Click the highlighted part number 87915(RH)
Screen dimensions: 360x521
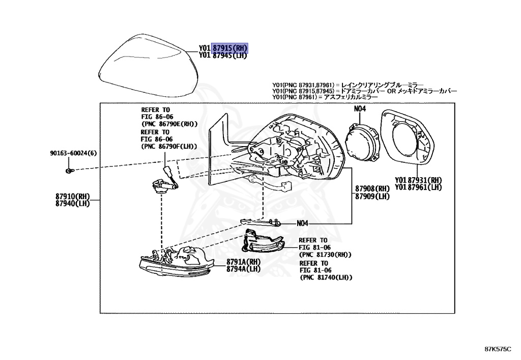(x=230, y=48)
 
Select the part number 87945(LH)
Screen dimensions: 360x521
(x=230, y=56)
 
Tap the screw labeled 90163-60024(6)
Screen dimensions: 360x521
(x=69, y=170)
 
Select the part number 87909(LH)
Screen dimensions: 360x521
(x=372, y=197)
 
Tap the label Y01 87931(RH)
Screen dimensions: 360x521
(x=418, y=180)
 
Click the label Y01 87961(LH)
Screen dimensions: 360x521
(x=418, y=187)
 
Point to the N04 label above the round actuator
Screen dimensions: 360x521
(x=360, y=108)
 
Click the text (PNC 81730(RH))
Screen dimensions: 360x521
(x=326, y=255)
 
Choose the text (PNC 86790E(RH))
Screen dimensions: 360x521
(x=169, y=124)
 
